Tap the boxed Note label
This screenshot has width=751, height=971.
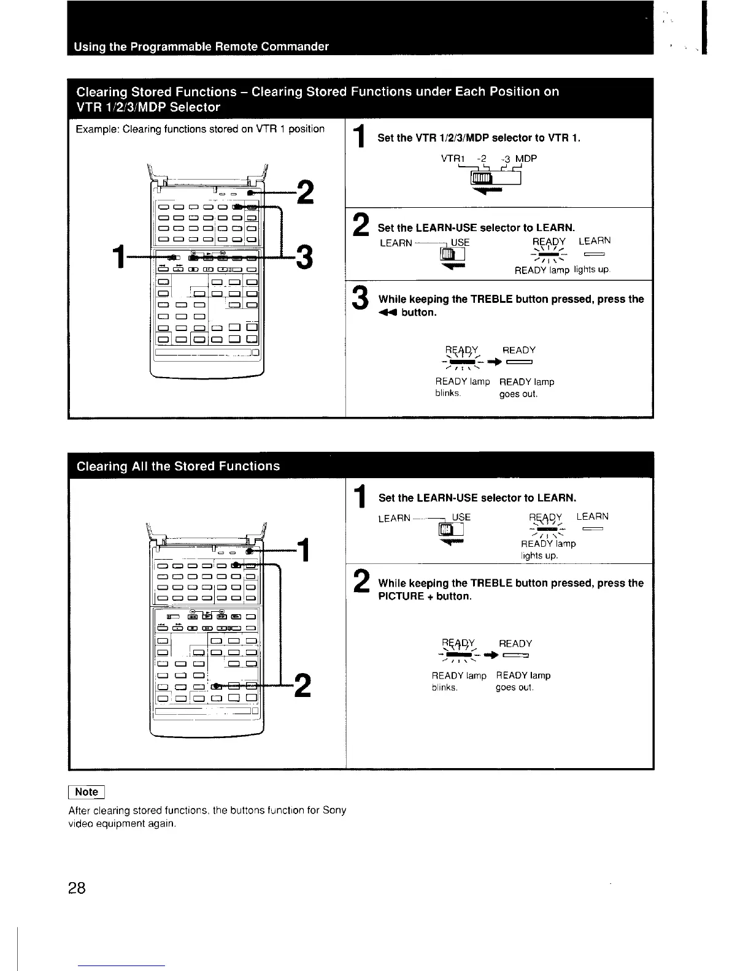(87, 791)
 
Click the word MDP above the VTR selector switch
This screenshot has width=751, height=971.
(526, 159)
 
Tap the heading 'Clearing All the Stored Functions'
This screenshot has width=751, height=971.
(178, 466)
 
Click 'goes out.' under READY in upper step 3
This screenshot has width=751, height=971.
(518, 395)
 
